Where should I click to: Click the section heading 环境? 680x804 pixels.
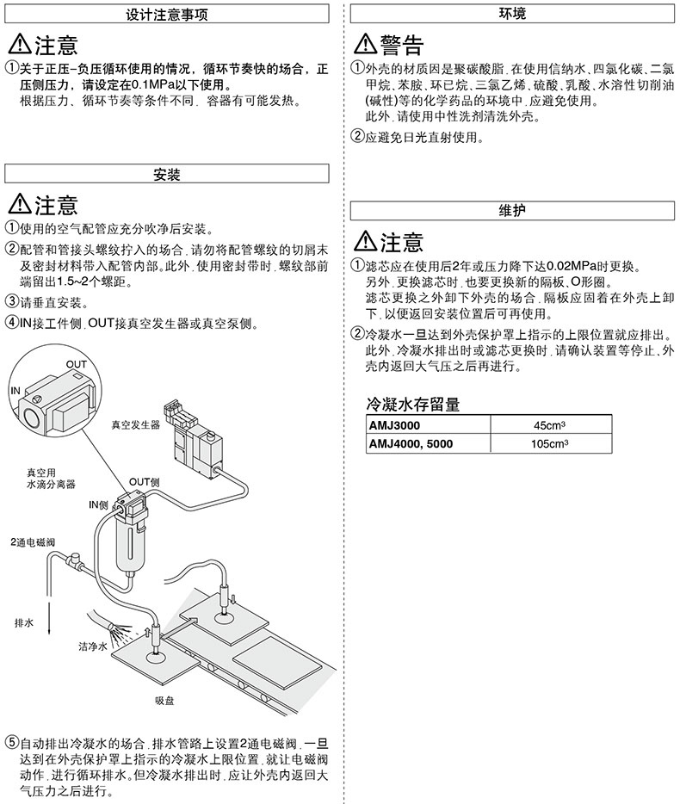pyautogui.click(x=513, y=15)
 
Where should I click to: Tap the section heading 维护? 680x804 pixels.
pyautogui.click(x=513, y=211)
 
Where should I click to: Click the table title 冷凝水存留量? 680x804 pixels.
pyautogui.click(x=413, y=404)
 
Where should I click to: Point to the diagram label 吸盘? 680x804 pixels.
pyautogui.click(x=165, y=701)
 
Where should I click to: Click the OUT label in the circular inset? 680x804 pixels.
pyautogui.click(x=77, y=365)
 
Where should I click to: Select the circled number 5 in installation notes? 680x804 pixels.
pyautogui.click(x=11, y=742)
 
